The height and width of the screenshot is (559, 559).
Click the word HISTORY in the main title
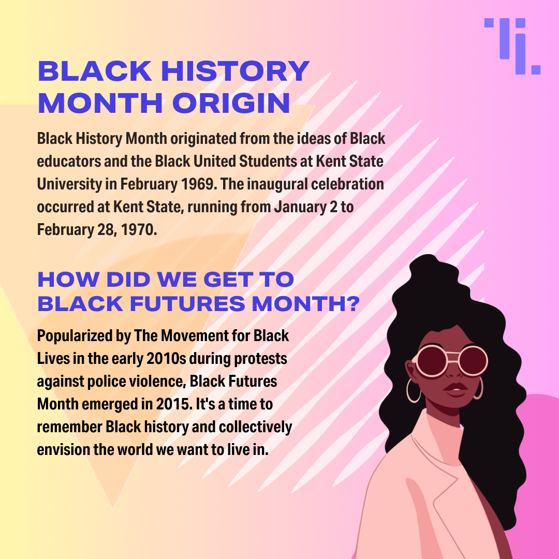pyautogui.click(x=236, y=71)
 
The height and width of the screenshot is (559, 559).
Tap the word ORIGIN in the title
pyautogui.click(x=231, y=104)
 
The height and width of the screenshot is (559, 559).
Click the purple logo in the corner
pyautogui.click(x=512, y=46)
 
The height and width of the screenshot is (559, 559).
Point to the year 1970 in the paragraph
pyautogui.click(x=139, y=230)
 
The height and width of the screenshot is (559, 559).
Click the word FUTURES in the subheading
pyautogui.click(x=187, y=304)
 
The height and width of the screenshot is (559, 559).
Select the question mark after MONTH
pyautogui.click(x=354, y=304)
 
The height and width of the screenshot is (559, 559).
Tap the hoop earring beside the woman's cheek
pyautogui.click(x=414, y=391)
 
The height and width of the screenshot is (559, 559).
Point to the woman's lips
pyautogui.click(x=455, y=389)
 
